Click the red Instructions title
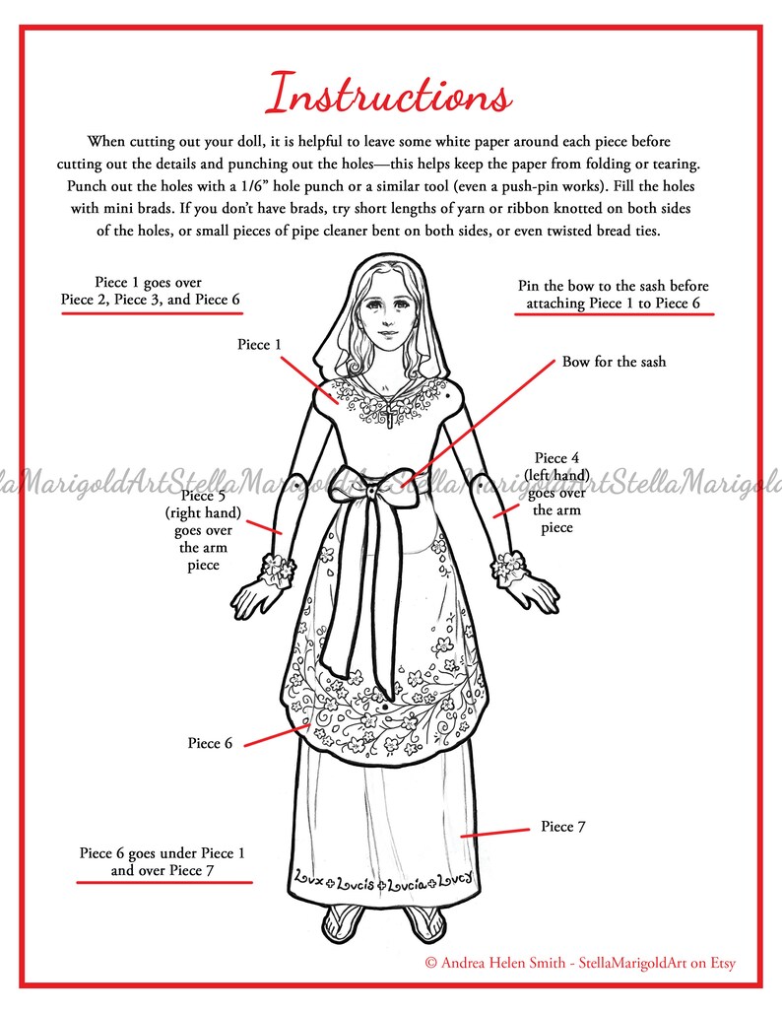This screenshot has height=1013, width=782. coord(390,96)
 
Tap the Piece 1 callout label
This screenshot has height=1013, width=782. coord(259,345)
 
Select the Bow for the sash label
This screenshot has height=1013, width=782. coord(614,362)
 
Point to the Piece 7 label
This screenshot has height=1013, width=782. coord(563,827)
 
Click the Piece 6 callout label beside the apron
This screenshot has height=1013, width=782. coord(210,743)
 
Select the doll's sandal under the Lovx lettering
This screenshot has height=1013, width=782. coord(341,922)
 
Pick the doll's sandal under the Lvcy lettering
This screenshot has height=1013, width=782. coord(424,922)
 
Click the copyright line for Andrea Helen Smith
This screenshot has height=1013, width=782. coord(580,963)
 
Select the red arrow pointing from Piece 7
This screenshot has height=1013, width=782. coord(495,833)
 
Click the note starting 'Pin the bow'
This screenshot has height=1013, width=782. coord(613,294)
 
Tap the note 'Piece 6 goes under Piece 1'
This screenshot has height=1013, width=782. coord(163,862)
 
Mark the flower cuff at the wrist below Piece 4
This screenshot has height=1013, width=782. coord(510,567)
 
